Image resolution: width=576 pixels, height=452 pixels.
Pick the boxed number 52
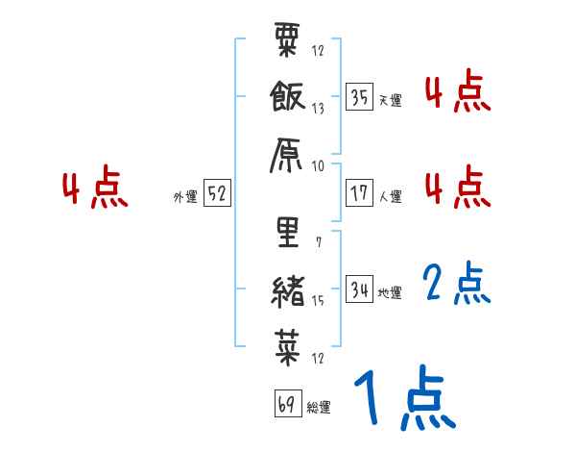pyautogui.click(x=218, y=193)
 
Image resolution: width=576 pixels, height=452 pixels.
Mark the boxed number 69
pyautogui.click(x=285, y=404)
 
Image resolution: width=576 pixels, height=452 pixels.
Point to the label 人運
pyautogui.click(x=390, y=196)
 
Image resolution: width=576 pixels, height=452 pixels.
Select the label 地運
pyautogui.click(x=390, y=292)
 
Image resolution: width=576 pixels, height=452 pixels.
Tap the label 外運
pyautogui.click(x=185, y=197)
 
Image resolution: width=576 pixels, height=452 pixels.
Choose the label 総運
pyautogui.click(x=318, y=408)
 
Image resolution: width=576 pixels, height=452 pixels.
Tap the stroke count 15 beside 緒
pyautogui.click(x=318, y=302)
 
